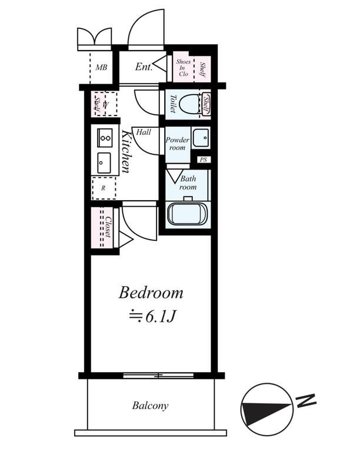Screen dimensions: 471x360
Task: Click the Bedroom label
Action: point(151,292)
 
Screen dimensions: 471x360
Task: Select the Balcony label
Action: point(150,406)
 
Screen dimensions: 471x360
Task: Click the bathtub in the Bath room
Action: point(187,214)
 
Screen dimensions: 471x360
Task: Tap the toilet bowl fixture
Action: point(189,104)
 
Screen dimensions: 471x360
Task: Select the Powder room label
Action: point(176,144)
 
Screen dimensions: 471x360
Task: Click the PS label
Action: point(204,160)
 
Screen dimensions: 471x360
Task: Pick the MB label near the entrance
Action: point(101,67)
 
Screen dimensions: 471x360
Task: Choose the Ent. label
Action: point(144,67)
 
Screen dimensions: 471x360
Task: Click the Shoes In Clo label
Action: point(184,67)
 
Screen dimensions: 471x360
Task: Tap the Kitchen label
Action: point(126,152)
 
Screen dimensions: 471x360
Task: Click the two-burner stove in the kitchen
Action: point(105,138)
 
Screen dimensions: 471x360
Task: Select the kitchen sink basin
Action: point(104,161)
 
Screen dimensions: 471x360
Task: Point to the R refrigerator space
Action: point(103,188)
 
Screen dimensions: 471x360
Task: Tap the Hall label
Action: point(143,132)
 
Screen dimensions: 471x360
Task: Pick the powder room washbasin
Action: point(201,138)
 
